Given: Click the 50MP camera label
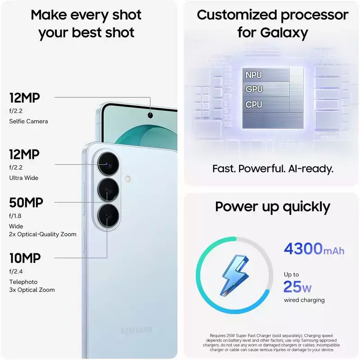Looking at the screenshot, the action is tap(26, 202).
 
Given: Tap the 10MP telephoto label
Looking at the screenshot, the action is tap(25, 258).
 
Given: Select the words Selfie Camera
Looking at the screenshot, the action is tap(28, 121).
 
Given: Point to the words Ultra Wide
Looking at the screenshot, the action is tap(24, 178).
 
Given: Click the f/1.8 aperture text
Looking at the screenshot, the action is tap(15, 216).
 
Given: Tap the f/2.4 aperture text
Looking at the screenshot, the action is tap(16, 271).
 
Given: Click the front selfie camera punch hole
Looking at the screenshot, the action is tap(150, 115).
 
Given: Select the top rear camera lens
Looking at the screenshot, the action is tap(108, 164).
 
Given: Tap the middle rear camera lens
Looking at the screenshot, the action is tap(108, 190).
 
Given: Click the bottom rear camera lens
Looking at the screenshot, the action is tap(108, 216).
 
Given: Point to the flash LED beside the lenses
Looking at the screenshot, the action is tap(128, 179).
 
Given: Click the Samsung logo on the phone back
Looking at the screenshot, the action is tap(136, 330).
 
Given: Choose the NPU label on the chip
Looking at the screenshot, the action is tap(253, 75).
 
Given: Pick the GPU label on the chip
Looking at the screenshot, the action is tap(254, 89).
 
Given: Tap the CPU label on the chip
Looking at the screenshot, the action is tap(254, 104).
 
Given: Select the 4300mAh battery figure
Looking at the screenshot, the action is tap(314, 249).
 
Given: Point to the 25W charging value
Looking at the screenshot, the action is tap(297, 287).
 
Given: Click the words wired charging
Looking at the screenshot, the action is tap(304, 300).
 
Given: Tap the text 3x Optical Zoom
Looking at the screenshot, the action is tap(32, 290).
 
